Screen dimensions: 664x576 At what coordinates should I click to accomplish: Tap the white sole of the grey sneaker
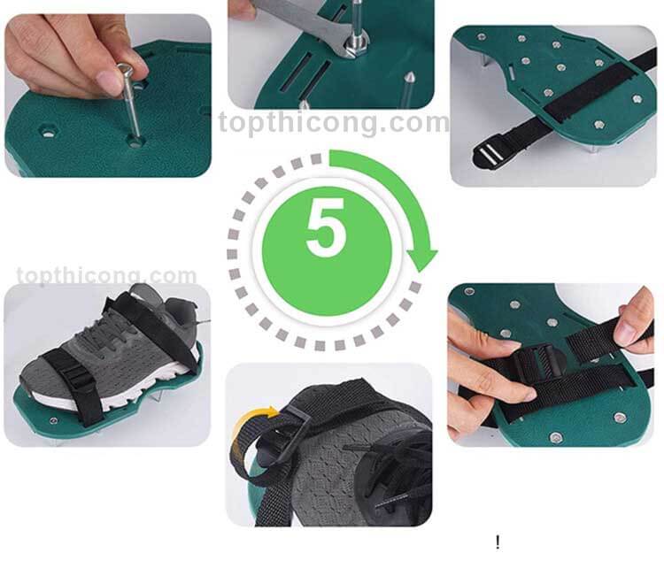[114, 393]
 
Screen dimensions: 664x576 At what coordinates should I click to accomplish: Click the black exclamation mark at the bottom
[498, 542]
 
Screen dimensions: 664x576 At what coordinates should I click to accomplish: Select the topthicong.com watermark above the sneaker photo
[107, 275]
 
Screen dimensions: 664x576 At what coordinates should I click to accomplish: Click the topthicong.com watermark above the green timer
[334, 122]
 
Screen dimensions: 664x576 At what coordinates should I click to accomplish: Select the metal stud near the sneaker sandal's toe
[54, 420]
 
